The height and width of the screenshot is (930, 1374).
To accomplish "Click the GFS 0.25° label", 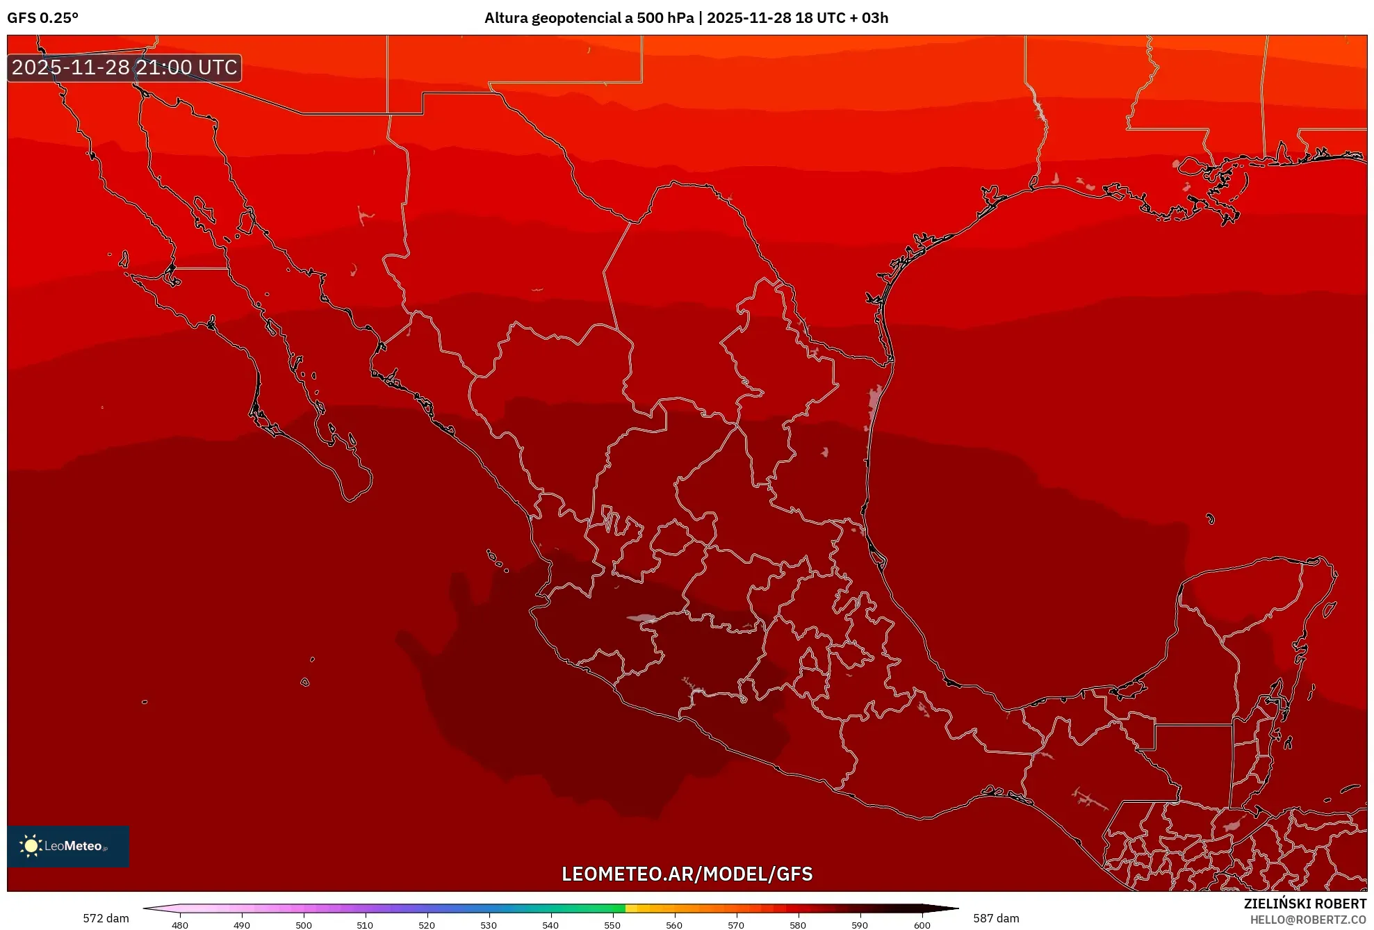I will [42, 18].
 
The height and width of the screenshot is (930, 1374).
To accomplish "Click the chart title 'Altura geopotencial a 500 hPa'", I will [589, 18].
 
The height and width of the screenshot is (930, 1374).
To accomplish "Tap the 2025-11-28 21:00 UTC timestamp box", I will [124, 67].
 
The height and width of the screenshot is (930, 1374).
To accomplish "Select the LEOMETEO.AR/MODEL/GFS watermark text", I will [687, 874].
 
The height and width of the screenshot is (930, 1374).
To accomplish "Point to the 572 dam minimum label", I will [106, 918].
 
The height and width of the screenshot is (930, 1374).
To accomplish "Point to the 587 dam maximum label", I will [996, 918].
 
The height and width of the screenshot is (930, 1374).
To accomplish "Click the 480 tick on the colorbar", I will [180, 924].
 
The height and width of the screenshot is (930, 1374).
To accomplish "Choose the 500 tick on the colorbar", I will [304, 924].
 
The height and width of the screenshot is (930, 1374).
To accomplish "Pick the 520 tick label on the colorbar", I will [427, 924].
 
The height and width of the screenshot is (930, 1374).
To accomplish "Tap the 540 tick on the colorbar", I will [550, 924].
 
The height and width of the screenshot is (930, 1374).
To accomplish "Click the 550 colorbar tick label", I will [612, 924].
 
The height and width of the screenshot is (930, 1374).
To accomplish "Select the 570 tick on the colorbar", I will [736, 924].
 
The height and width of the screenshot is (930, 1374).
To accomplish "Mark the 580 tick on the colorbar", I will [798, 924].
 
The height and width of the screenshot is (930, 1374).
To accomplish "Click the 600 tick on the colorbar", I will [922, 924].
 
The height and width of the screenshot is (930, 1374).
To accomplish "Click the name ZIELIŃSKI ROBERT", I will [1305, 904].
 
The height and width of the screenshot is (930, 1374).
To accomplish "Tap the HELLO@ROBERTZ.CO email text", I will [1308, 920].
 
